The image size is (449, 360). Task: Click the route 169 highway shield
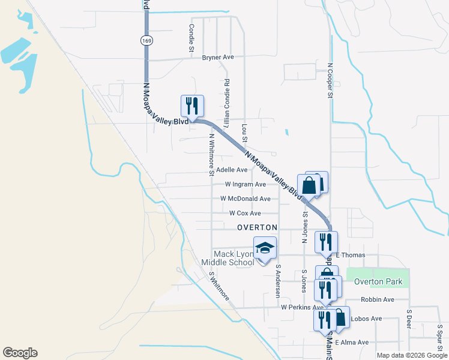pos(146,40)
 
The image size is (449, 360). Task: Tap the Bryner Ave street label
pos(218,58)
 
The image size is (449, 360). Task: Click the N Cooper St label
pos(330,80)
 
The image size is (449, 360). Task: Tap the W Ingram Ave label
pos(245,184)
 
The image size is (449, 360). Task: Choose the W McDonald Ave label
pos(245,199)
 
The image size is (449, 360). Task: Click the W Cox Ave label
pos(245,213)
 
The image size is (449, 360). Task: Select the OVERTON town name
pos(257,228)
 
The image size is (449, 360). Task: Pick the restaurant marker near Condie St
pos(192,106)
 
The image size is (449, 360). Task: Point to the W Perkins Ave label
pos(302,307)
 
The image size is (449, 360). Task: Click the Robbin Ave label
pos(377,299)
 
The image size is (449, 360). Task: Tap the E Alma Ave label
pos(352,342)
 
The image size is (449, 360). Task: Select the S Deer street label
pos(408,320)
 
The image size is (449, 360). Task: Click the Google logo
pos(20,353)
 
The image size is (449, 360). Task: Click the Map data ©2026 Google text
pos(411,355)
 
